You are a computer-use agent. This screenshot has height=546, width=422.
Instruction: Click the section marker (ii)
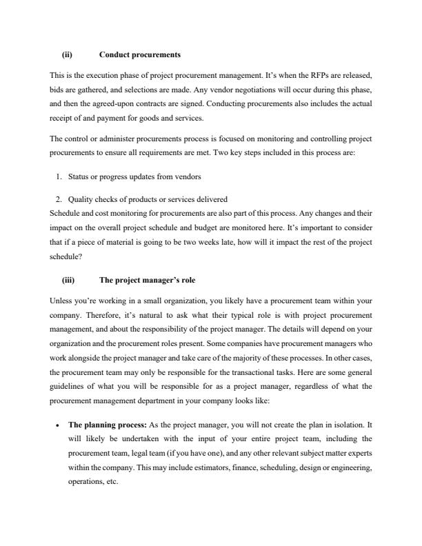pos(68,54)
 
